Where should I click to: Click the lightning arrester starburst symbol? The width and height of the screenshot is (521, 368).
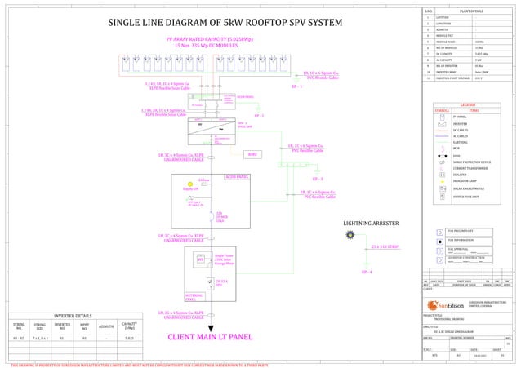350,235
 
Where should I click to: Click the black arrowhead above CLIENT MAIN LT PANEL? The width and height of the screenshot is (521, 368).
211,326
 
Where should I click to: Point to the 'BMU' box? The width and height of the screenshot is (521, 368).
253,153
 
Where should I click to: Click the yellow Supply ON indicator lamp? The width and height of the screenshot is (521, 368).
190,184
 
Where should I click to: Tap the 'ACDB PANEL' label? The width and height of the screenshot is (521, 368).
237,175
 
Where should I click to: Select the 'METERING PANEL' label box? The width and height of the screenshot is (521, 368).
194,297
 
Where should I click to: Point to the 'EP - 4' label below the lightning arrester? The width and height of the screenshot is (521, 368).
367,272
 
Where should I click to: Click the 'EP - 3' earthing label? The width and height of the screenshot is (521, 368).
318,178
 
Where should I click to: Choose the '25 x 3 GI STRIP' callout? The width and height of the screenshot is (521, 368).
385,246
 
